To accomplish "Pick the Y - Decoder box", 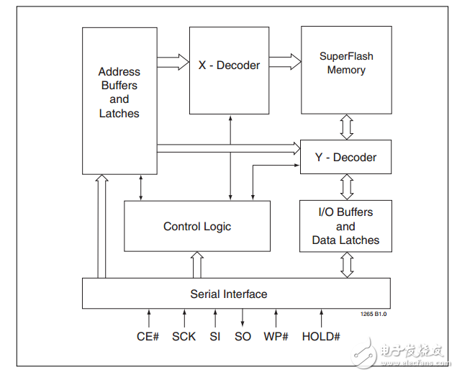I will pos(346,157).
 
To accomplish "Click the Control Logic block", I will pos(197,226).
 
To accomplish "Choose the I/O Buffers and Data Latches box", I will pos(345,226).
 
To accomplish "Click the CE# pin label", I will pos(148,336).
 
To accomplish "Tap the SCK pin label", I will pos(184,336).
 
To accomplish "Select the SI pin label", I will pos(215,336).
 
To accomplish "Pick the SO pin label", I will pos(243,336).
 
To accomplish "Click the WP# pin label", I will pos(275,336).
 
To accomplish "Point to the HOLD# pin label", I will pos(321,336).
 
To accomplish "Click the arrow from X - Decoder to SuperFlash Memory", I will pos(285,62).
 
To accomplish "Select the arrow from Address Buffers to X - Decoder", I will pos(173,62).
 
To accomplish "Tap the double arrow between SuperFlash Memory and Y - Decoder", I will pos(347,127).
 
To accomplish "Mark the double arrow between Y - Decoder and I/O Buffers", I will pos(347,187).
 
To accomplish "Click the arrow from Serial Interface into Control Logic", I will pos(197,265).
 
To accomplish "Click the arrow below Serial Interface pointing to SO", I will pos(243,317).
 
